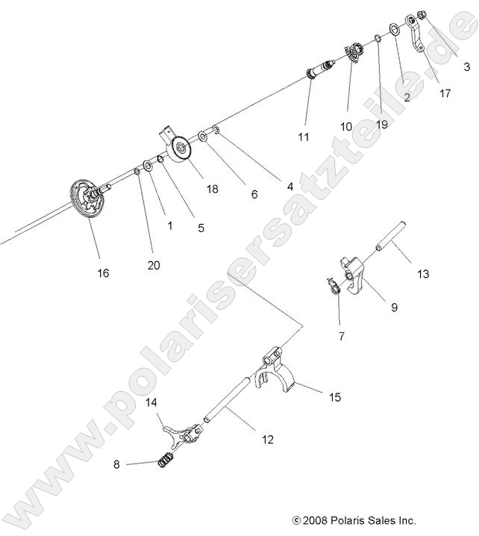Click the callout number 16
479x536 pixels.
pos(103,273)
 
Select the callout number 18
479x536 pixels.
pos(212,190)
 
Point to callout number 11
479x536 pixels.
pos(303,137)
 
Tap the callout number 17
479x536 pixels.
pos(445,93)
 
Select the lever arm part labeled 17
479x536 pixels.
pos(416,34)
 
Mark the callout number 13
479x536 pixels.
pos(423,274)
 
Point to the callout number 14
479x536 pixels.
pos(152,402)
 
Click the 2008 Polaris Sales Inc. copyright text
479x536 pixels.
pos(354,520)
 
